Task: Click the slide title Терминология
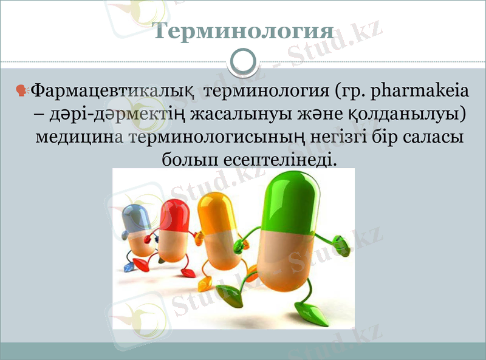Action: point(242,31)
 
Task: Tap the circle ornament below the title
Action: point(243,62)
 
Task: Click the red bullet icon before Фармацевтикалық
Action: point(21,92)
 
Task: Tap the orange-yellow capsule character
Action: point(215,234)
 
